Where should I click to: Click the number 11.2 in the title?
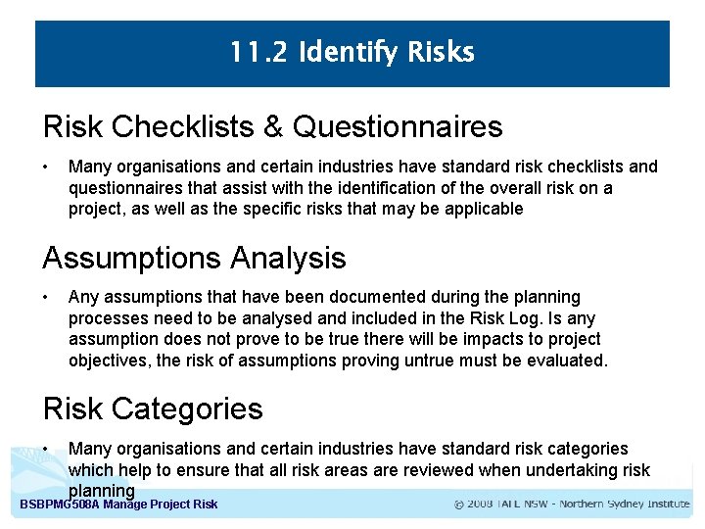coord(258,52)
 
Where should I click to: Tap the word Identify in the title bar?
coord(344,53)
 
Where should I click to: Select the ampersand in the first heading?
coord(272,126)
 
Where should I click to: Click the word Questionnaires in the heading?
coord(398,126)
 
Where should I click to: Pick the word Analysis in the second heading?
coord(289,258)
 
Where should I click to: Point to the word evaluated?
coord(569,361)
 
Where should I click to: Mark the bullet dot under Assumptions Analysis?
coord(47,297)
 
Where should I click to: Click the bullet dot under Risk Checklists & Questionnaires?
coord(47,168)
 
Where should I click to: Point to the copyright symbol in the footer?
coord(460,505)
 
